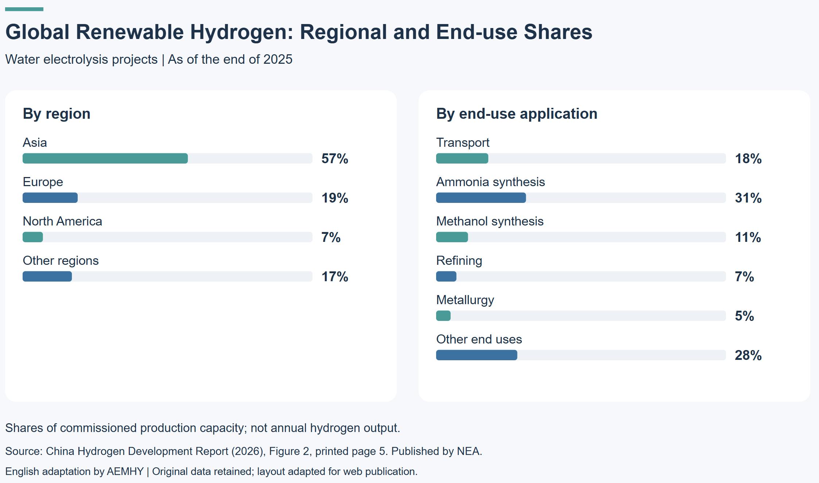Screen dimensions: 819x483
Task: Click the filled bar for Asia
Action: (105, 158)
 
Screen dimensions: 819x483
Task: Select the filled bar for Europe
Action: (50, 198)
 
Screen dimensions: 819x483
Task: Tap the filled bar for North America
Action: (33, 237)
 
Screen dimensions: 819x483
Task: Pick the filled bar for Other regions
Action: (47, 276)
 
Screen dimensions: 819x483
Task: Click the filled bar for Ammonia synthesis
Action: (481, 198)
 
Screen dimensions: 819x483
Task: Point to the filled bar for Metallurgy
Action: (443, 316)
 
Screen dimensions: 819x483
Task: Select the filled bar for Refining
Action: (446, 276)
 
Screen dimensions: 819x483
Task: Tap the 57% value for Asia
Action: (335, 159)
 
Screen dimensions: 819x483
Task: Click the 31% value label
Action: (748, 198)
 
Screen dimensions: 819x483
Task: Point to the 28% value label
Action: (748, 356)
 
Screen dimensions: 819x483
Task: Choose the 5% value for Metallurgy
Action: (744, 316)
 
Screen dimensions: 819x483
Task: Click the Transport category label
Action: (463, 142)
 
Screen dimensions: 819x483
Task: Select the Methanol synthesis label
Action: (490, 221)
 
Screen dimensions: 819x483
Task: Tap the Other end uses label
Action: (479, 339)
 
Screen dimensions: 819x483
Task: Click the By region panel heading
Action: (57, 114)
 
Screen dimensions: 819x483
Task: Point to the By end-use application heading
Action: (517, 114)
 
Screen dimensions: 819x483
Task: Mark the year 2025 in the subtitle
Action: (278, 59)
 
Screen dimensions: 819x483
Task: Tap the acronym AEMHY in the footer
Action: (125, 471)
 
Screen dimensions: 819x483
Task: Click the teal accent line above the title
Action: (24, 9)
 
